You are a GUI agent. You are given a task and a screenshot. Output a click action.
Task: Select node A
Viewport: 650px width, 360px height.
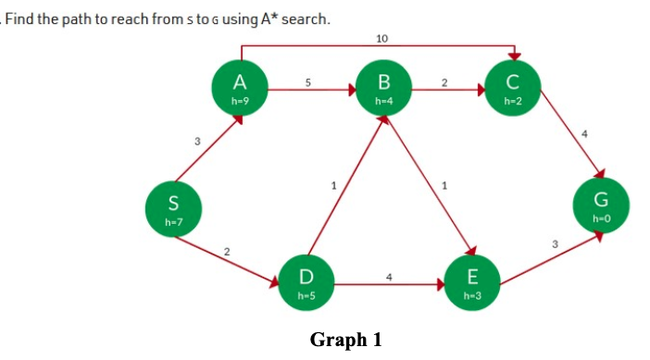[x=238, y=87]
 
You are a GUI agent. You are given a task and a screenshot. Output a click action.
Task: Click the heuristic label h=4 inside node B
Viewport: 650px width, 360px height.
[x=381, y=98]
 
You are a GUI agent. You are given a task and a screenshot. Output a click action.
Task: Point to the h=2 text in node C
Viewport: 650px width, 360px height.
[x=515, y=98]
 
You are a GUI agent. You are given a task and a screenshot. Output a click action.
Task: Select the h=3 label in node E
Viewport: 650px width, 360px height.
[x=473, y=294]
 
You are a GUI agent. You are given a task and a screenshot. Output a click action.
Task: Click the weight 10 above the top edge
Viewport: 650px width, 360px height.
[x=382, y=38]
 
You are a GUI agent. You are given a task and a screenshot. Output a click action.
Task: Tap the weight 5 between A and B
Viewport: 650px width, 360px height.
[x=307, y=82]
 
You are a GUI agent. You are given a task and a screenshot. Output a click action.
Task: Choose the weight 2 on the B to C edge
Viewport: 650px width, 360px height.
[x=444, y=82]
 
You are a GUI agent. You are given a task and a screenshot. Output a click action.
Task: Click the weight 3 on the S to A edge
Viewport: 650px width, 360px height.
[x=196, y=142]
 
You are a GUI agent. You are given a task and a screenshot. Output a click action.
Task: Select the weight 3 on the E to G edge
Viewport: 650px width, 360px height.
[x=555, y=243]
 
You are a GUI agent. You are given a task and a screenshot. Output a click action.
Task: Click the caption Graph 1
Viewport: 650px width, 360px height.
[x=345, y=341]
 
